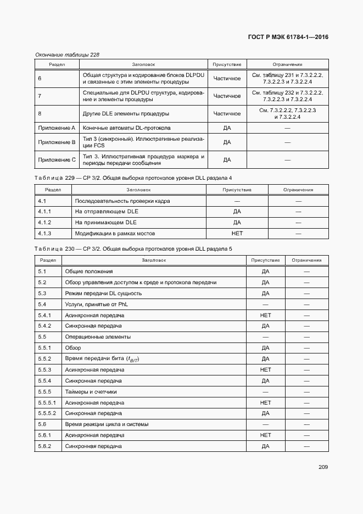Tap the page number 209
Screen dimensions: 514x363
click(x=323, y=467)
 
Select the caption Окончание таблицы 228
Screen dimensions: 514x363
click(x=67, y=54)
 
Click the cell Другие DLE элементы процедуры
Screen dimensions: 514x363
click(x=126, y=114)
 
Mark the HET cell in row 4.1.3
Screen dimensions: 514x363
click(x=237, y=234)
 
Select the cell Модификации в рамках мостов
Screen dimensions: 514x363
click(x=115, y=234)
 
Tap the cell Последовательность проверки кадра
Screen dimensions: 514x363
click(x=122, y=201)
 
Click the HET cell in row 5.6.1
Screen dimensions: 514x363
click(x=266, y=435)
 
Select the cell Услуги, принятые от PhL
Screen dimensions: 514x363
click(x=96, y=305)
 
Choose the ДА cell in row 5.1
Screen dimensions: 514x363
click(x=266, y=272)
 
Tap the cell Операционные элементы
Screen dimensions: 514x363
click(x=98, y=337)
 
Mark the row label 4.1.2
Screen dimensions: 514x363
click(x=44, y=223)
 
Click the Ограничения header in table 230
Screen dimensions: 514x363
click(x=306, y=260)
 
